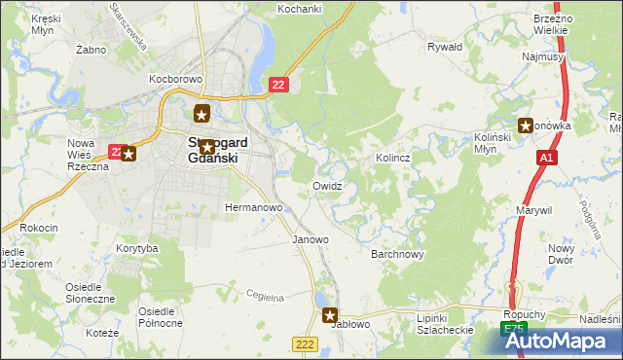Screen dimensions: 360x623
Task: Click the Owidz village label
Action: click(327, 185)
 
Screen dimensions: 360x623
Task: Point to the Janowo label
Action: click(311, 238)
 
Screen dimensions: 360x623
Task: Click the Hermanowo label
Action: click(253, 207)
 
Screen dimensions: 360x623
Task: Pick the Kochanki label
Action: click(300, 8)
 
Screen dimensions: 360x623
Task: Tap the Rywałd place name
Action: click(445, 46)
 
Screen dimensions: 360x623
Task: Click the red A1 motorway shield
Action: click(547, 157)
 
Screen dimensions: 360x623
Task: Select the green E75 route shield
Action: click(514, 332)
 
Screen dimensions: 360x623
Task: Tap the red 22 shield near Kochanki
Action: click(279, 88)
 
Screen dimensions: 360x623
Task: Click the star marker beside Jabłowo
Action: click(330, 315)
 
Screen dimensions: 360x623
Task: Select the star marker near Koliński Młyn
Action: click(527, 125)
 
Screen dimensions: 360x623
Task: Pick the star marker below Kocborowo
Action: click(202, 112)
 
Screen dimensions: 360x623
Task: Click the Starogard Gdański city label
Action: click(216, 150)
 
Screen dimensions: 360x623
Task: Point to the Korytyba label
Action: click(136, 249)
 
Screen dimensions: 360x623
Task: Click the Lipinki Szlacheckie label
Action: click(443, 324)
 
